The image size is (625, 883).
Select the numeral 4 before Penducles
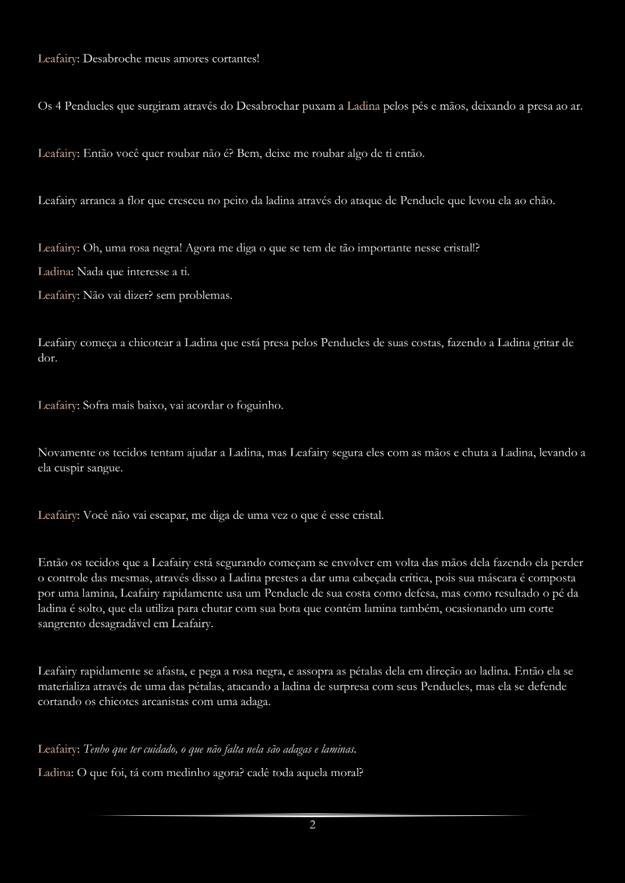point(58,106)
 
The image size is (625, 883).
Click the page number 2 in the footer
point(312,825)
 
